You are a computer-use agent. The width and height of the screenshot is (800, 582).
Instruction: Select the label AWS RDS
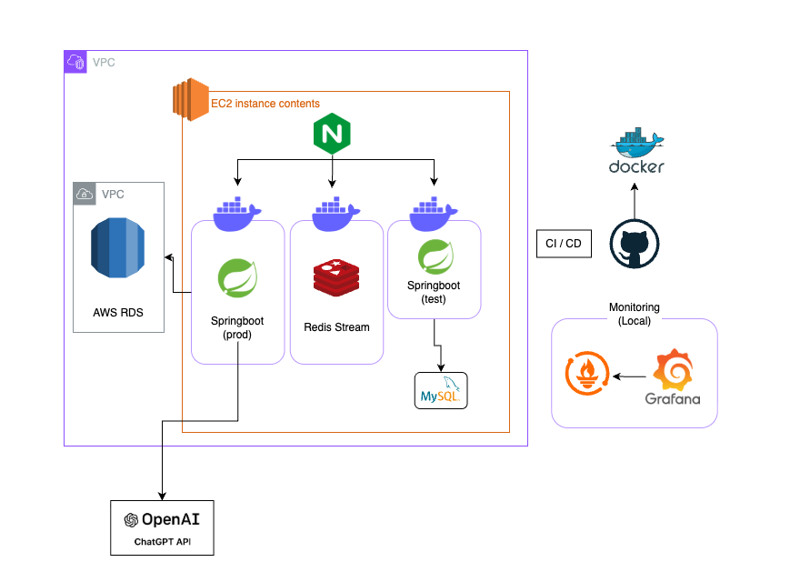[x=118, y=313]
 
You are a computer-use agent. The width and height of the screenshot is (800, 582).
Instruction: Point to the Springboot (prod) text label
[x=237, y=328]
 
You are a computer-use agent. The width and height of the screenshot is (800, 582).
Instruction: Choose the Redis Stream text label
[x=336, y=326]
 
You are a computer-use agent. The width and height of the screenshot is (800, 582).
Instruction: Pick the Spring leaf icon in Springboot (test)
[x=435, y=257]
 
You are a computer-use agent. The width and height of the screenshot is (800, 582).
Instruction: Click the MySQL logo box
[x=441, y=390]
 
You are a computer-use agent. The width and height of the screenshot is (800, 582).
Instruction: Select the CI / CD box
[x=564, y=245]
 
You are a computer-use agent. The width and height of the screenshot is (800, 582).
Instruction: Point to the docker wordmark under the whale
[x=635, y=166]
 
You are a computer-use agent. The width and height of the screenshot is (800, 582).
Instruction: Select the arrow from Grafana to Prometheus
[x=629, y=375]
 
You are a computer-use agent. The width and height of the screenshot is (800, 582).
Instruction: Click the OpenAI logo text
[x=162, y=520]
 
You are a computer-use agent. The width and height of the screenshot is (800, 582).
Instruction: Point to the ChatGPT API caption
[x=162, y=543]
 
